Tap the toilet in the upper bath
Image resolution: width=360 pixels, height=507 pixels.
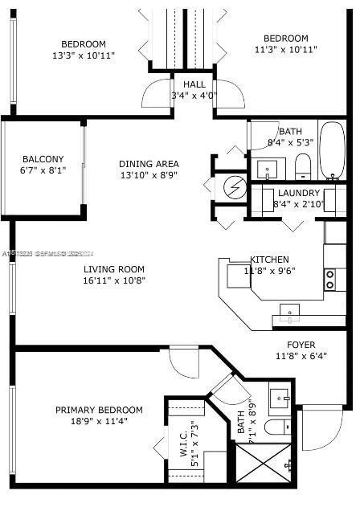(x=302, y=167)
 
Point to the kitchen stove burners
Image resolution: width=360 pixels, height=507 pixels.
(x=329, y=279)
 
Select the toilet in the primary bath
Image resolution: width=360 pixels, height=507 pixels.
(x=276, y=427)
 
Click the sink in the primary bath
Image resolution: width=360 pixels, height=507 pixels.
(x=280, y=397)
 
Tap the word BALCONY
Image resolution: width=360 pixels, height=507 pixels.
(x=43, y=159)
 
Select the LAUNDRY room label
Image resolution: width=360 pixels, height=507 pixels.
(x=299, y=193)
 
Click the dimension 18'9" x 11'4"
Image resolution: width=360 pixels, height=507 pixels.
(x=100, y=420)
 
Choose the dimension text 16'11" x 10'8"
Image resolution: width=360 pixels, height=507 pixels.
(x=113, y=280)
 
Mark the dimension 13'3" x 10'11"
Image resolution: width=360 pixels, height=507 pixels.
(x=84, y=55)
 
